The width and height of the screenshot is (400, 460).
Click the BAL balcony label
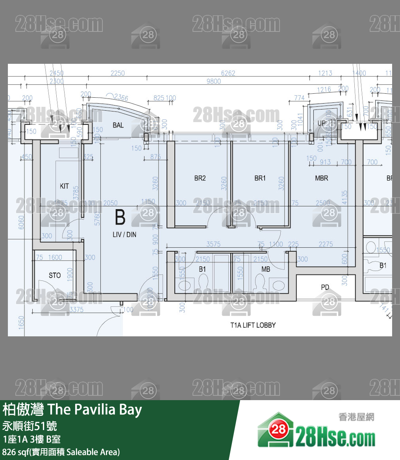(x=118, y=125)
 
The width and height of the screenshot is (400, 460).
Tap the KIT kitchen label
(x=64, y=186)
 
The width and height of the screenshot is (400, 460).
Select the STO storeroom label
(x=55, y=275)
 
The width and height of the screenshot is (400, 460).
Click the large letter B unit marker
(x=120, y=218)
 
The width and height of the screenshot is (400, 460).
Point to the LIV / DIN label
(x=124, y=235)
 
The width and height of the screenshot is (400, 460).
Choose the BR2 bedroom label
(x=200, y=178)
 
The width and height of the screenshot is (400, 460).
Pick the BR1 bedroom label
(x=260, y=178)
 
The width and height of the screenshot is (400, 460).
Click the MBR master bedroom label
(x=321, y=178)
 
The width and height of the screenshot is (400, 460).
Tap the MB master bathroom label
(x=266, y=269)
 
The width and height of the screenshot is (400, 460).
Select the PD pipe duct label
(x=325, y=287)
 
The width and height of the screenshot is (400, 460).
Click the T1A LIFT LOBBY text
(x=253, y=325)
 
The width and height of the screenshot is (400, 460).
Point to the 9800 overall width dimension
(x=214, y=82)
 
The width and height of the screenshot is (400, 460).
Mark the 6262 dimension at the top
(x=228, y=73)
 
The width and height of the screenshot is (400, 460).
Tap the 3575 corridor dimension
(x=213, y=245)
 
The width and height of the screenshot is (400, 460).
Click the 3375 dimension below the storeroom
(x=76, y=310)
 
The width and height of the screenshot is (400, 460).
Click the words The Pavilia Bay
(x=94, y=410)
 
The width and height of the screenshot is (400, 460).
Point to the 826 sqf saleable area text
(x=61, y=452)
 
